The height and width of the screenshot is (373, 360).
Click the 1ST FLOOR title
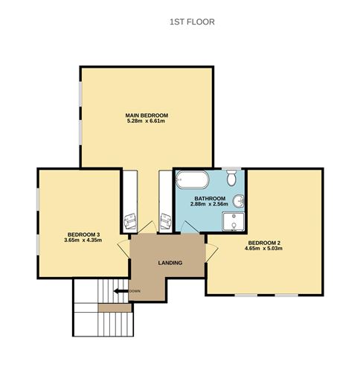click(x=192, y=22)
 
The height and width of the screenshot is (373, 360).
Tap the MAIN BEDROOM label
click(x=147, y=115)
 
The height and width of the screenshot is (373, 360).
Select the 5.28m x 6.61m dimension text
click(x=147, y=122)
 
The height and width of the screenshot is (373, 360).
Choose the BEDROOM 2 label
click(x=264, y=243)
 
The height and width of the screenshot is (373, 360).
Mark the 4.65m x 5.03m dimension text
click(x=264, y=249)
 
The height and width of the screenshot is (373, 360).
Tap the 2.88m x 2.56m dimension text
click(x=208, y=204)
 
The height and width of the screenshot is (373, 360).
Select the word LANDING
click(x=170, y=263)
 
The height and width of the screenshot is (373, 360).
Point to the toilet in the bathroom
click(x=232, y=178)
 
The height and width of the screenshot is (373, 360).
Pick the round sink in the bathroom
click(x=239, y=202)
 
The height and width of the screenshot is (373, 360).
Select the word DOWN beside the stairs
click(x=135, y=290)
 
